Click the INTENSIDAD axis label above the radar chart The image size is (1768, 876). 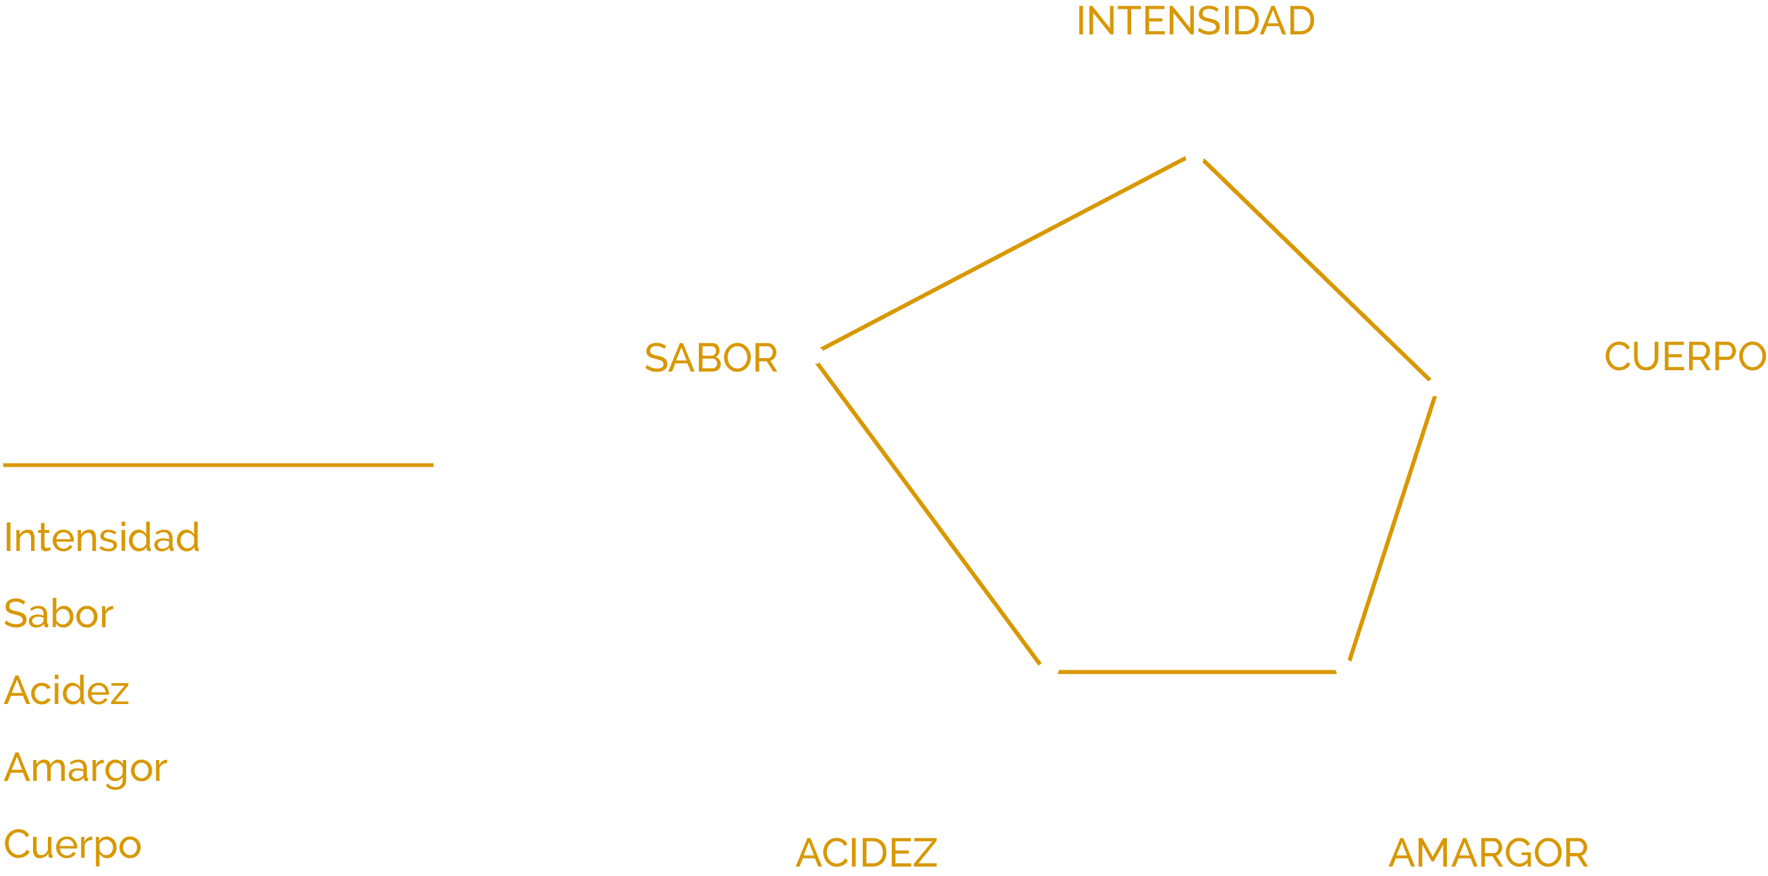click(1195, 22)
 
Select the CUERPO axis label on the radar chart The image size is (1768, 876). click(1684, 357)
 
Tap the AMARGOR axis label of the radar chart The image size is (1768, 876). click(1488, 853)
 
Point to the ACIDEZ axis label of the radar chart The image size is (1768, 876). click(866, 853)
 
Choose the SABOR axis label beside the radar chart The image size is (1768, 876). click(710, 358)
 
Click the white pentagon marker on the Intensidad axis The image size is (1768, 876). click(1195, 153)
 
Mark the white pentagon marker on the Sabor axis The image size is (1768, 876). click(811, 353)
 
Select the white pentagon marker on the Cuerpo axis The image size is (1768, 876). click(1438, 386)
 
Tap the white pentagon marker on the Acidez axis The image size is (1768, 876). click(1048, 670)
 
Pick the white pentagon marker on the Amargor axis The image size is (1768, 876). click(1346, 670)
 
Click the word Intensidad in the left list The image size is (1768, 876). click(102, 538)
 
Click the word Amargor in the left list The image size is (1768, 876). click(85, 768)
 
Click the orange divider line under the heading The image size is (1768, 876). click(218, 465)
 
